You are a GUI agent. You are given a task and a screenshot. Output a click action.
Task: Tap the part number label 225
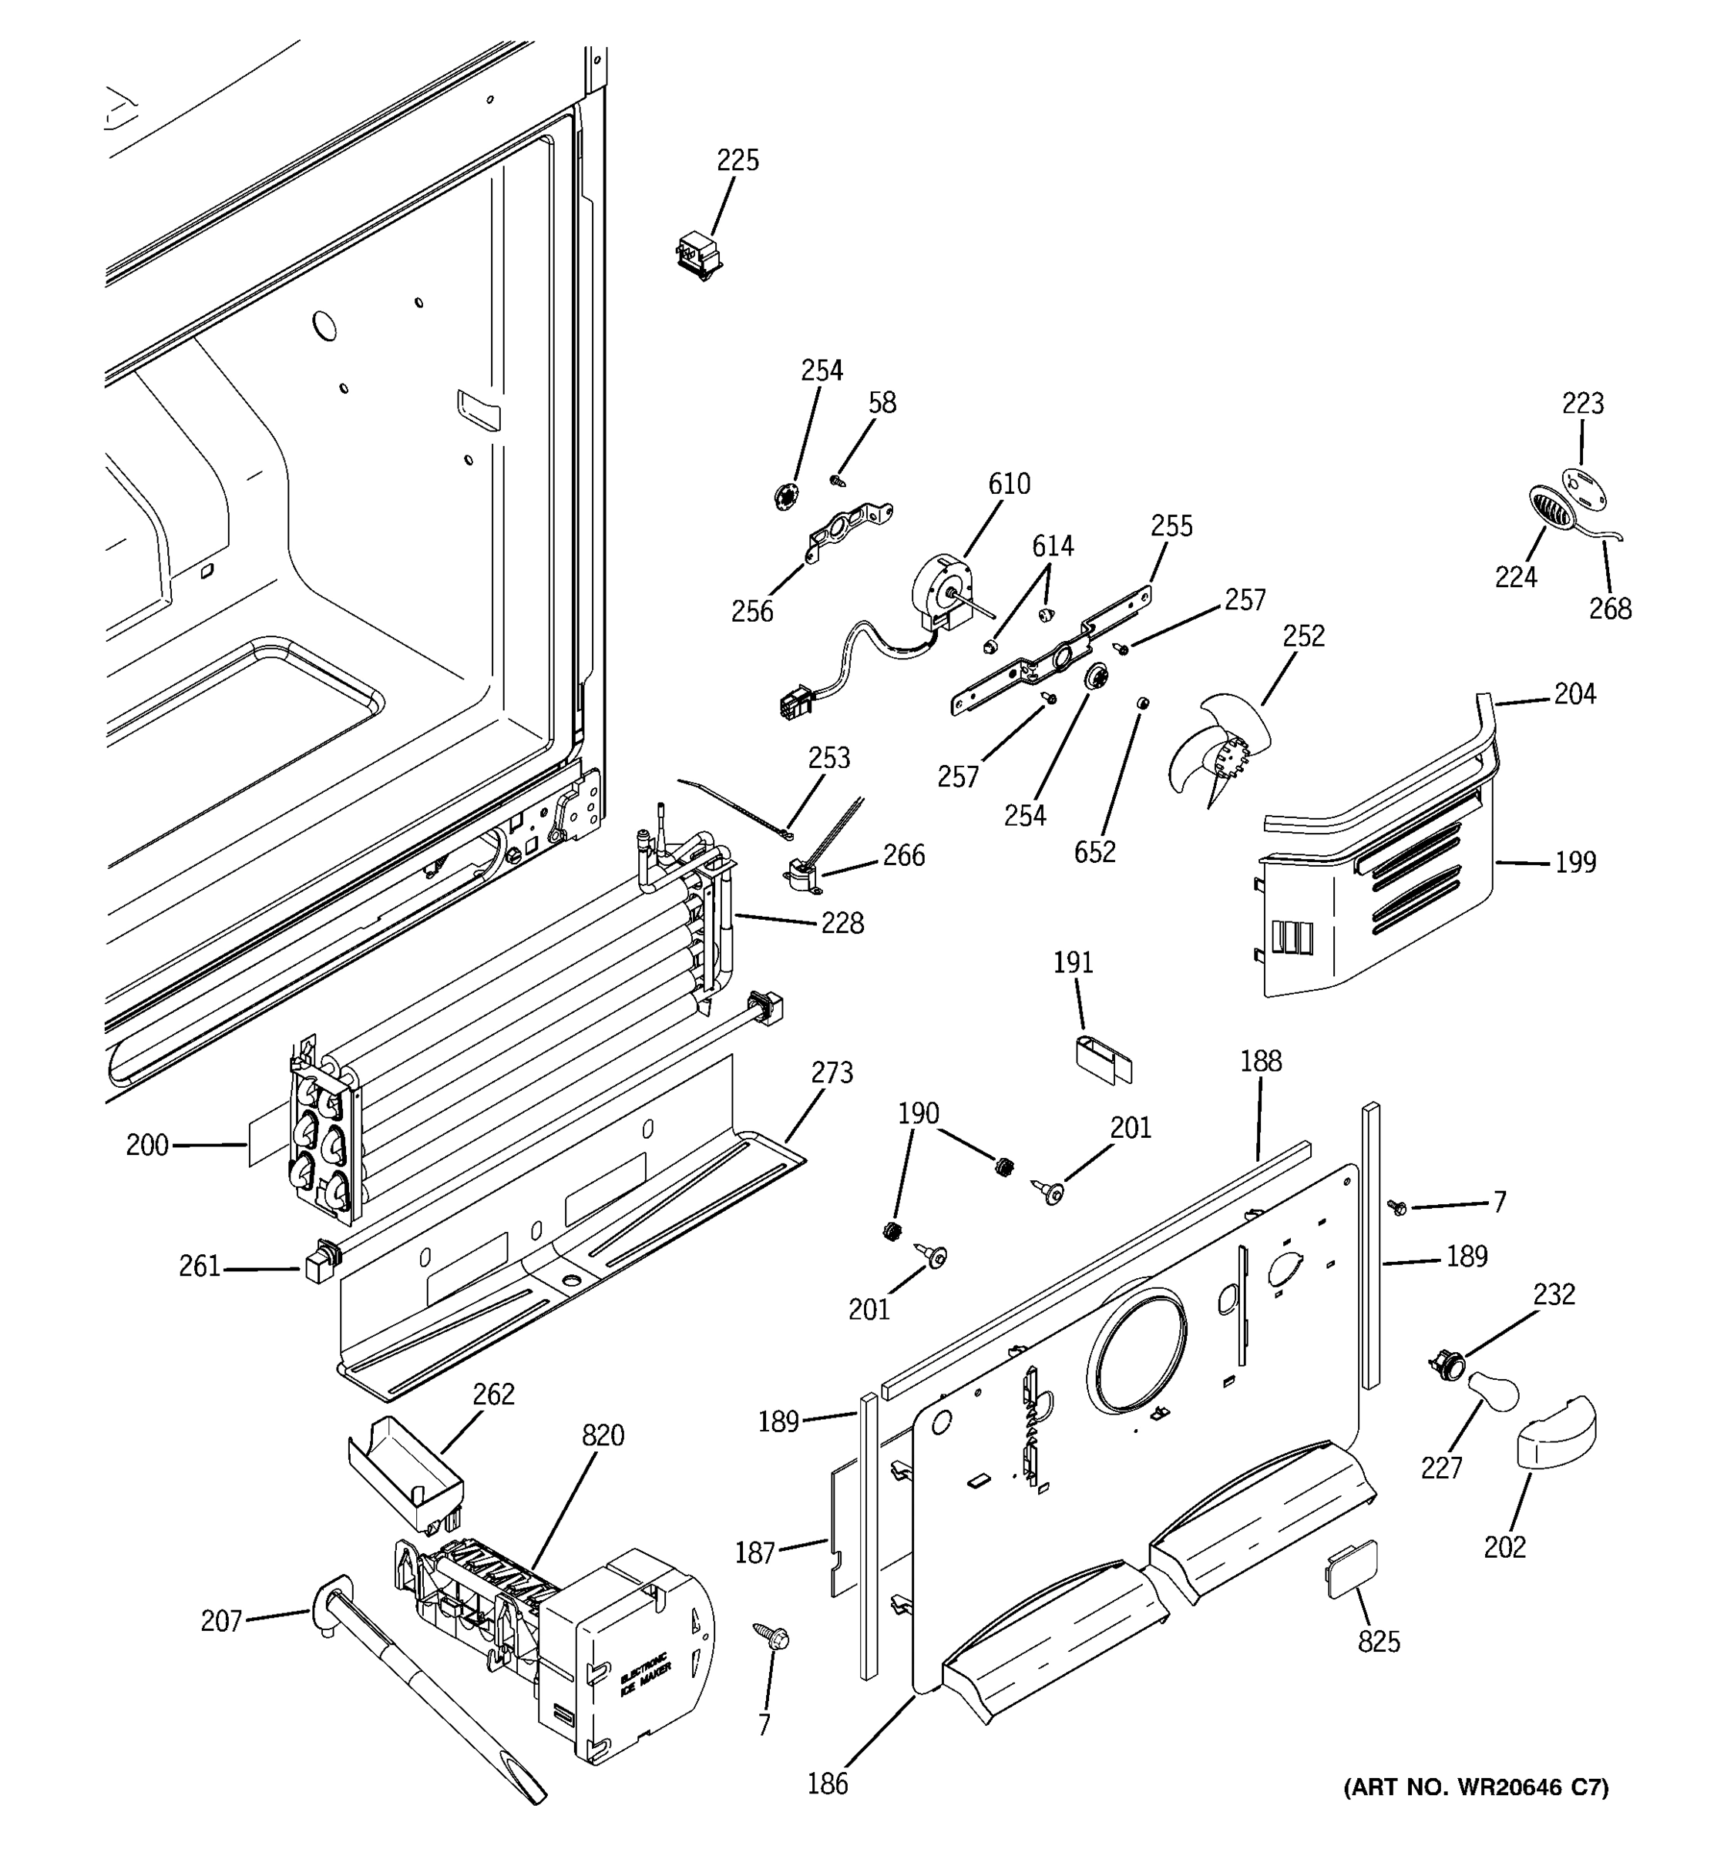[x=737, y=161]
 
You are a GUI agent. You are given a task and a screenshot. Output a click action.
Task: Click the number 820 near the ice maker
[x=603, y=1435]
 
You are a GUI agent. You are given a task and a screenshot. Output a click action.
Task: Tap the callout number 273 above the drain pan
[x=831, y=1073]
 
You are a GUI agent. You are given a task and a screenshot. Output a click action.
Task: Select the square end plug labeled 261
[x=318, y=1266]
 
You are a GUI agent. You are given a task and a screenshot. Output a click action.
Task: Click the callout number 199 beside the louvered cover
[x=1575, y=863]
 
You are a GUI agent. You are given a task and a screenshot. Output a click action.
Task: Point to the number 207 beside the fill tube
[x=221, y=1622]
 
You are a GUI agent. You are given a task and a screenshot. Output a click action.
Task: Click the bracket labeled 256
[x=846, y=531]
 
